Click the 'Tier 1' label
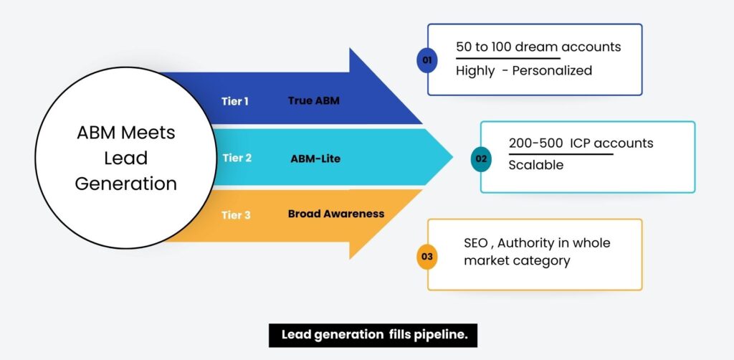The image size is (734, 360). coord(235,101)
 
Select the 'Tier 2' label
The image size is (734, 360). coord(237,158)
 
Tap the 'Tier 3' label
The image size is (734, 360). coord(236,214)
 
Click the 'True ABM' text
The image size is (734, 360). coord(313,101)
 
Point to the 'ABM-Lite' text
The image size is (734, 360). coord(315,158)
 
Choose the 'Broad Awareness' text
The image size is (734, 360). coord(335,214)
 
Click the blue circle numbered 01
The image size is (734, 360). coord(427,60)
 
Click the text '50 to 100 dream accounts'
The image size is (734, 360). coord(538,47)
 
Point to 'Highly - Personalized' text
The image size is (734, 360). coord(524,70)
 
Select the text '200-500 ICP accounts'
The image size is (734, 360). coord(581,143)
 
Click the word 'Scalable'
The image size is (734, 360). coord(536,165)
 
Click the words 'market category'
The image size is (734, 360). coord(517,261)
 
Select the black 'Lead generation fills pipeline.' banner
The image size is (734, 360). coord(373,335)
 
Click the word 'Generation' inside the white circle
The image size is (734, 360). coord(125,184)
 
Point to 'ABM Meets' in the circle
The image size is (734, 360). coord(125,133)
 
